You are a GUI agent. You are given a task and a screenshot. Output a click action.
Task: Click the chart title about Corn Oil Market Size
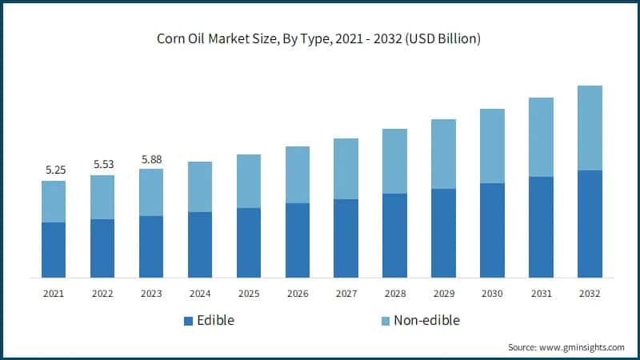pyautogui.click(x=320, y=39)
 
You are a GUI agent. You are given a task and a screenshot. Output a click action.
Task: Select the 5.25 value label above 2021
pyautogui.click(x=54, y=170)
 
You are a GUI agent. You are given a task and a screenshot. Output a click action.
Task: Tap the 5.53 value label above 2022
pyautogui.click(x=102, y=164)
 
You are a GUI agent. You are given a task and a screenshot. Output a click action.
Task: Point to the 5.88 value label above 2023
pyautogui.click(x=151, y=158)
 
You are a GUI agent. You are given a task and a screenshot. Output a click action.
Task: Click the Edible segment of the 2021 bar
pyautogui.click(x=54, y=250)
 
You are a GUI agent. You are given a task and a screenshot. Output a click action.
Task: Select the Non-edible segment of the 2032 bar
pyautogui.click(x=590, y=128)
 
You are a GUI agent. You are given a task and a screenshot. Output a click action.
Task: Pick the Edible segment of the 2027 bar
pyautogui.click(x=346, y=238)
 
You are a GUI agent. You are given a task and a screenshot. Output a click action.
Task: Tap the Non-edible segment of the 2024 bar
pyautogui.click(x=200, y=186)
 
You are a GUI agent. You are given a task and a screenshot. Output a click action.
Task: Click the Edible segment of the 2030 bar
pyautogui.click(x=492, y=230)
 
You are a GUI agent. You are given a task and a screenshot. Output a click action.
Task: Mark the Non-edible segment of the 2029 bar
pyautogui.click(x=443, y=154)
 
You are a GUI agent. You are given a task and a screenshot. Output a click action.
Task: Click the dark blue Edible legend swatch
pyautogui.click(x=189, y=321)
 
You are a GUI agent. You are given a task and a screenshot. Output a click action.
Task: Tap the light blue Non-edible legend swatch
pyautogui.click(x=386, y=321)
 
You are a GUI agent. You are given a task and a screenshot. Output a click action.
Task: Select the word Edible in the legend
pyautogui.click(x=216, y=321)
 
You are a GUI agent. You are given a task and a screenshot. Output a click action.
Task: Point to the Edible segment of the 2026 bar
pyautogui.click(x=298, y=240)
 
